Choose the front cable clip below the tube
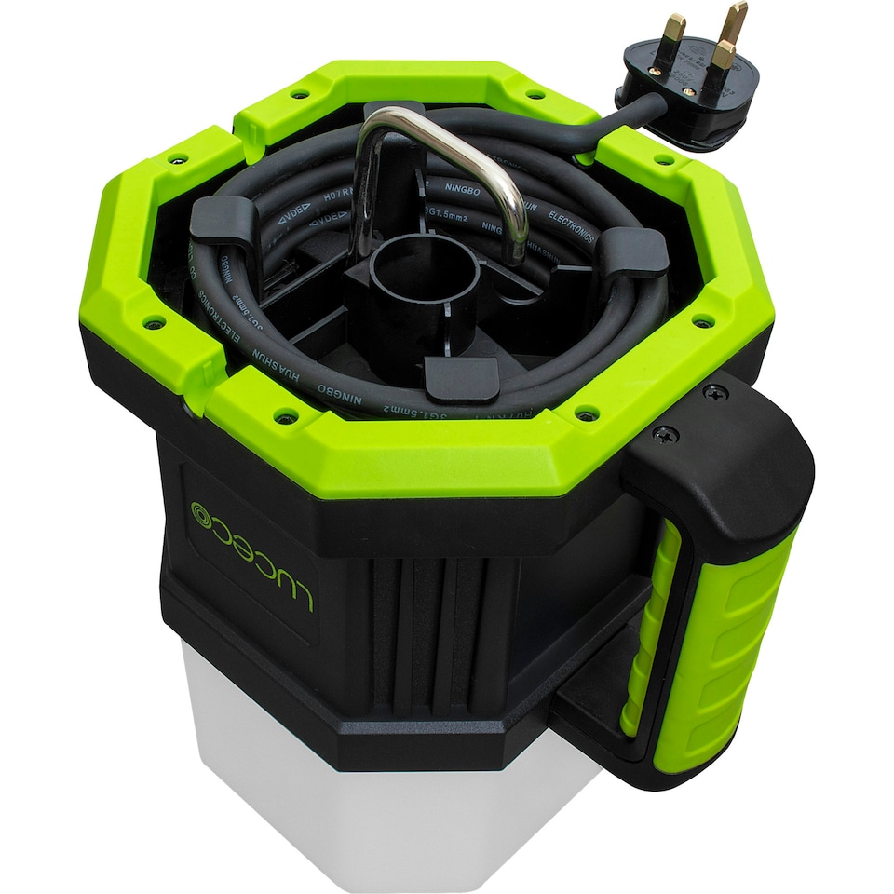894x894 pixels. point(461,378)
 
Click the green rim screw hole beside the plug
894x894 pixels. point(662,159)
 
